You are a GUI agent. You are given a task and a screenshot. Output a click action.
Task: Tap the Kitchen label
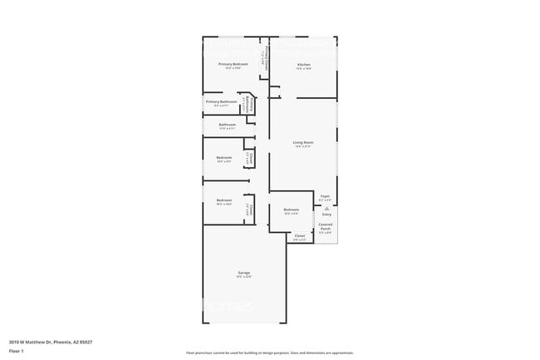[304, 64]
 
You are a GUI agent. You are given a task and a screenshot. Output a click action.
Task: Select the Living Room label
[302, 142]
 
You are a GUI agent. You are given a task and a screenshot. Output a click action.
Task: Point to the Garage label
[244, 273]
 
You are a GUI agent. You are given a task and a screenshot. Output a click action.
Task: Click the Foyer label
[326, 196]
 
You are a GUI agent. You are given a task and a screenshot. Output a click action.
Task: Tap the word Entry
[326, 215]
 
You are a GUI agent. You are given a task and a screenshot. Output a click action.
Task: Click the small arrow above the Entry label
[326, 209]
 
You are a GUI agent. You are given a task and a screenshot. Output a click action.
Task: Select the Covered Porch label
[326, 224]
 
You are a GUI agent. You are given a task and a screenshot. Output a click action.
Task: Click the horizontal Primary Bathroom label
[221, 101]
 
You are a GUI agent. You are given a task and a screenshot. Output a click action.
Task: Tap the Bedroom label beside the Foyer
[291, 210]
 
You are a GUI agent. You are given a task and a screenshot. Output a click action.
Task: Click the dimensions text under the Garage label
[244, 277]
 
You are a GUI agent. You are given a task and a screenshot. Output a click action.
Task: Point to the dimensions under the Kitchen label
[304, 69]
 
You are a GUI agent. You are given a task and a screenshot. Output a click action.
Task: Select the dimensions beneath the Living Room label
[302, 147]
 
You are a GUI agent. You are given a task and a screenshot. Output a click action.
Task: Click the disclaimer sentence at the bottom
[269, 353]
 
